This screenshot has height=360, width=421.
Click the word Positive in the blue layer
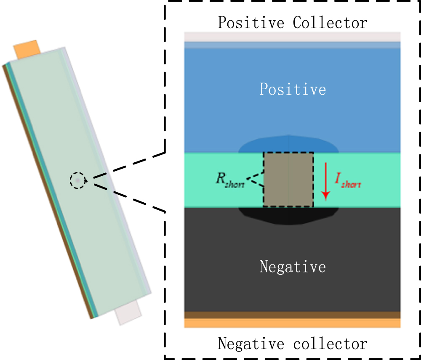(293, 90)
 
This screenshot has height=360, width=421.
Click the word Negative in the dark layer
(293, 267)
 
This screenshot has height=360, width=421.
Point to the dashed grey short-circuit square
(288, 180)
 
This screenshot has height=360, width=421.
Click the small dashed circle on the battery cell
(77, 181)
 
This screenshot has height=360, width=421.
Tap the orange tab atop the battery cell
(27, 50)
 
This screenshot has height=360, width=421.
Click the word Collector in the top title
(330, 22)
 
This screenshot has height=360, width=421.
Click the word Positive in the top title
(250, 22)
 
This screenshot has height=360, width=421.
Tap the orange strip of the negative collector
(292, 323)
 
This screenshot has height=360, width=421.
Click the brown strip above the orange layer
(292, 315)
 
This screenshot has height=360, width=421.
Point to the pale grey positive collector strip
(292, 37)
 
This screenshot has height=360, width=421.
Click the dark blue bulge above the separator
(289, 144)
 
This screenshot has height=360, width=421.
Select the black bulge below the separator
(289, 215)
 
